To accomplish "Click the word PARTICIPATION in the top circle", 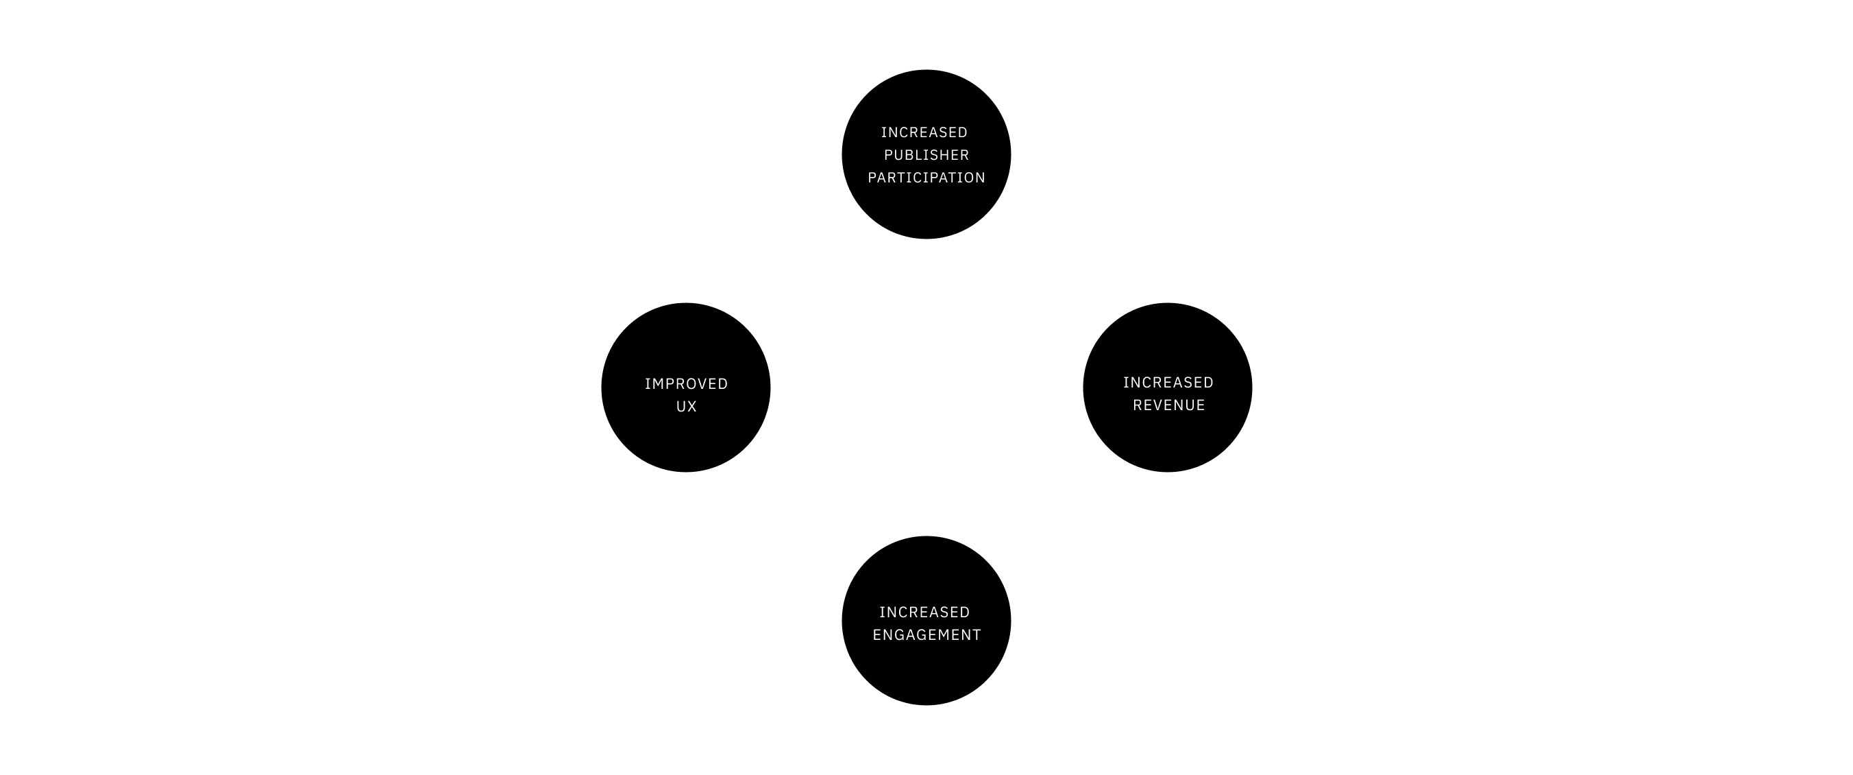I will pos(926,178).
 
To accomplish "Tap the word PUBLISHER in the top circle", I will pos(926,155).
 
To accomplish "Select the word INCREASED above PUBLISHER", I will pos(924,132).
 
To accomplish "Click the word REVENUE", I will pos(1169,405).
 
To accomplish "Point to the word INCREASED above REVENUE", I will pos(1168,382).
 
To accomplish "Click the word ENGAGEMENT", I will pos(926,634).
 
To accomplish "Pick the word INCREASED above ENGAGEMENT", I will pos(924,612).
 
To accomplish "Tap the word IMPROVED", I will pos(686,383).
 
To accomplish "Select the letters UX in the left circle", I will pos(686,407).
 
